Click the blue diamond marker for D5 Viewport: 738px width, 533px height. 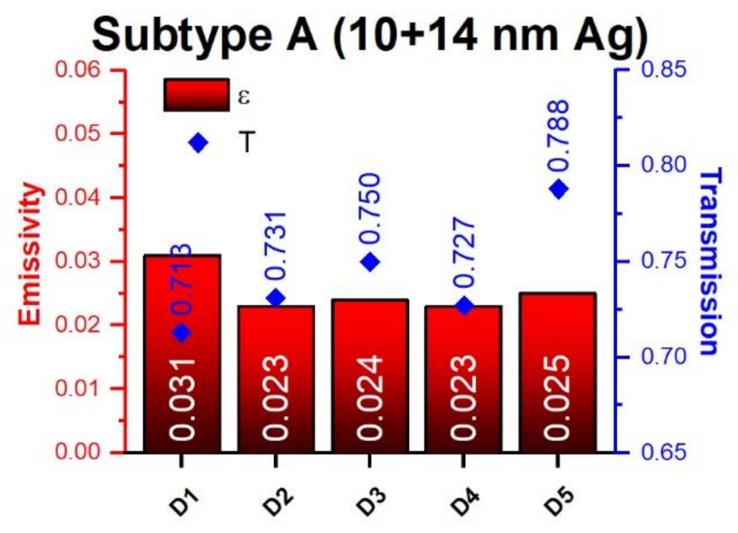tap(558, 189)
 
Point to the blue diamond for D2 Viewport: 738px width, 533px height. tap(276, 298)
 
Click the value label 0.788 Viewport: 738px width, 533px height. tap(558, 136)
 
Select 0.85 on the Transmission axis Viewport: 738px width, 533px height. tap(663, 70)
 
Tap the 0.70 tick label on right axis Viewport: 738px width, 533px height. tap(663, 357)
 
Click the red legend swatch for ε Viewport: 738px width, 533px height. tap(196, 95)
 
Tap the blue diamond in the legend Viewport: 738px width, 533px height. tap(199, 143)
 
